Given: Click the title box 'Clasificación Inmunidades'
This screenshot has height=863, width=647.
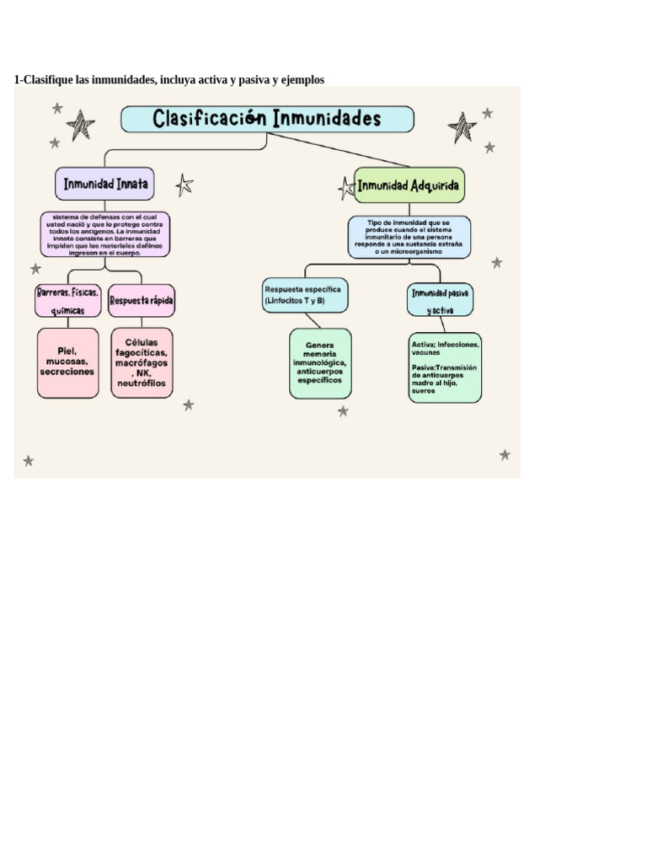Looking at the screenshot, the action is [x=268, y=119].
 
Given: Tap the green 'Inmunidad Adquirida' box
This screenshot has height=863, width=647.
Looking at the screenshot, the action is [x=409, y=185].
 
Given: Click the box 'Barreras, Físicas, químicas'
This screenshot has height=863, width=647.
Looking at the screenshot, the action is [x=68, y=301].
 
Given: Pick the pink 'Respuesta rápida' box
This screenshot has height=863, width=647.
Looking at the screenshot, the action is [x=142, y=301].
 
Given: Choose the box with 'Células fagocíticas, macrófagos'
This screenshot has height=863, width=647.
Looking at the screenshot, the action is [x=142, y=362].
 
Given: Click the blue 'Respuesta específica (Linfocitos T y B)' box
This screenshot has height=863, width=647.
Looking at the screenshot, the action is [x=304, y=295].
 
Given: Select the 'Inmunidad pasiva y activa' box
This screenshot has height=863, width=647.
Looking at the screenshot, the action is [x=440, y=300].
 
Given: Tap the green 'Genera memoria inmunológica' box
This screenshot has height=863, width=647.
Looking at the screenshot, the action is [x=320, y=363].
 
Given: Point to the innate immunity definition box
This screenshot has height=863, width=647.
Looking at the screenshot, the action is [x=105, y=234].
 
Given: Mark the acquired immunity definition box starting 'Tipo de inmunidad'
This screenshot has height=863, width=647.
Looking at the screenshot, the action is [x=409, y=237].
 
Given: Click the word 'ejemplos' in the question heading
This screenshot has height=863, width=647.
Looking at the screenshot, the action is [x=302, y=79].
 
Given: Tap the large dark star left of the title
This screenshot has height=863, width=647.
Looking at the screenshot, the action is [x=81, y=126].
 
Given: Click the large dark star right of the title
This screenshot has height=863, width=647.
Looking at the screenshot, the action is [x=462, y=127].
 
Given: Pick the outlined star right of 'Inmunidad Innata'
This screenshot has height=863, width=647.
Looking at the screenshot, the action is [x=184, y=185].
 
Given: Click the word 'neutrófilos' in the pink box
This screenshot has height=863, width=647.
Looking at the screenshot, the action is [x=142, y=383].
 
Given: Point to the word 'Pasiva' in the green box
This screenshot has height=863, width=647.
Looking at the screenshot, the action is [x=424, y=367].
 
